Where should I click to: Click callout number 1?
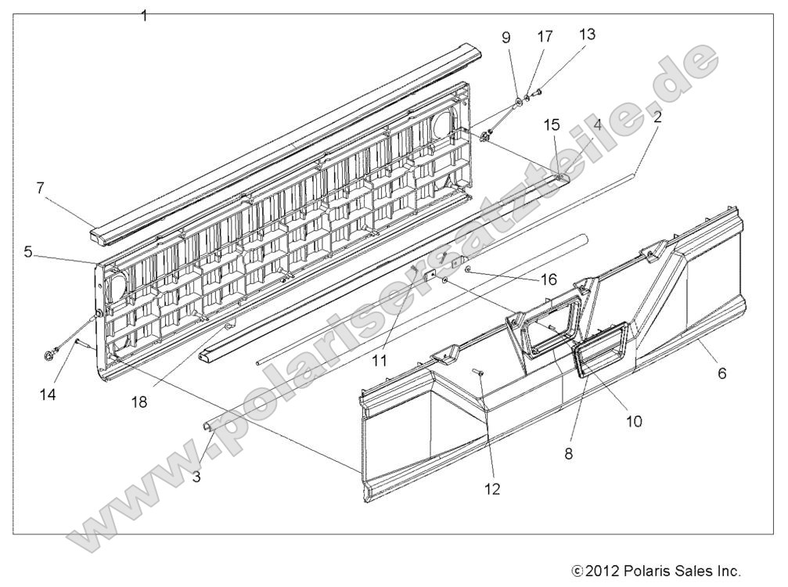click(x=143, y=14)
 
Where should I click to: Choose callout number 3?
click(x=196, y=474)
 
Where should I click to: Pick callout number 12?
click(x=491, y=489)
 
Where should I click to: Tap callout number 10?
click(x=633, y=420)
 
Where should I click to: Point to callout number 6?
click(x=721, y=373)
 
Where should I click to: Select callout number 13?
click(x=586, y=34)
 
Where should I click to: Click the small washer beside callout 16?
click(x=467, y=268)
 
